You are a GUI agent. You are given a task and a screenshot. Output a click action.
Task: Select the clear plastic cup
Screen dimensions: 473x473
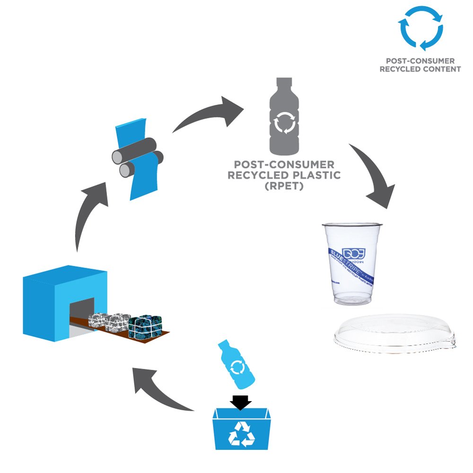pos(352,265)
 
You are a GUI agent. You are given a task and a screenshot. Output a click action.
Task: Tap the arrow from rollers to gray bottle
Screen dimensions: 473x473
pos(208,114)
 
